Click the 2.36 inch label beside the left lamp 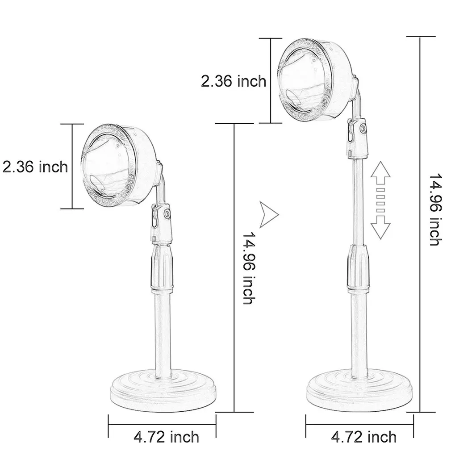(x=35, y=167)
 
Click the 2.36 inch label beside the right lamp (x=234, y=81)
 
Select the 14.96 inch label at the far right (x=435, y=209)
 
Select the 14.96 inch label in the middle (x=248, y=268)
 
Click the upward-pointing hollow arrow (x=380, y=174)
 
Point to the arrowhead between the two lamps (x=268, y=215)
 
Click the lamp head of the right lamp (x=315, y=80)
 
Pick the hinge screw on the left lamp (x=167, y=215)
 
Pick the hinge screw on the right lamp (x=363, y=129)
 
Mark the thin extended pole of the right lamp (x=358, y=201)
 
